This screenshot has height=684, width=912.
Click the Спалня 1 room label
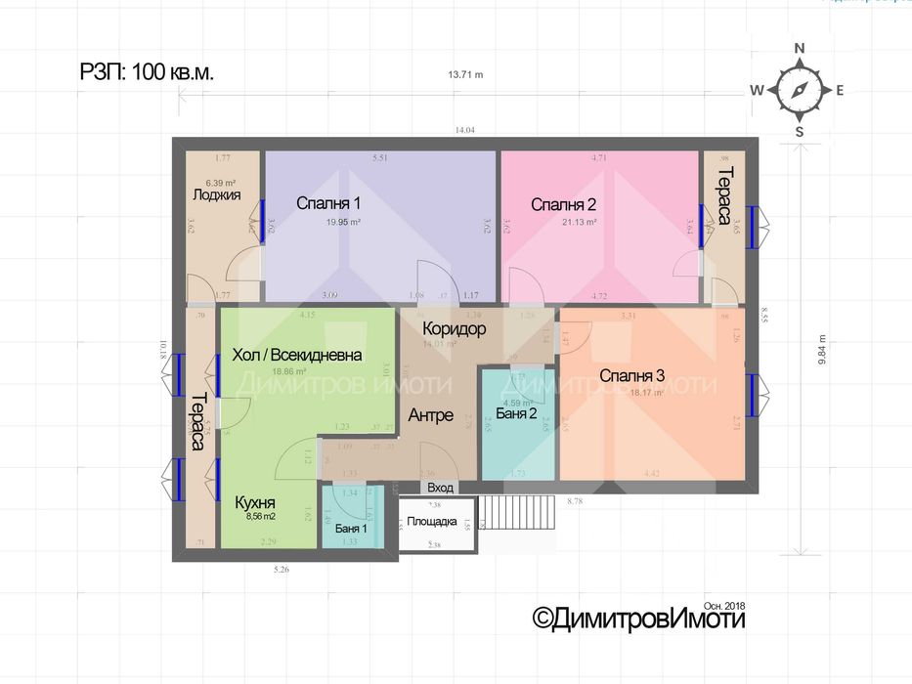[x=329, y=204]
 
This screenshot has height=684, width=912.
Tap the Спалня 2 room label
[x=564, y=204]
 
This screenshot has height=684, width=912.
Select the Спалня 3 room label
[x=632, y=375]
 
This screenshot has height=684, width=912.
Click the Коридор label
[x=454, y=329]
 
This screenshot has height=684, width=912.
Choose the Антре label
[x=430, y=415]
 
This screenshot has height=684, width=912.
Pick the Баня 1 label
[x=351, y=529]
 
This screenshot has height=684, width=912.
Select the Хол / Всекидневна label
[x=297, y=355]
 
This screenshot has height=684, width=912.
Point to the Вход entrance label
[x=441, y=487]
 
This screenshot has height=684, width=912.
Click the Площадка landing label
[x=432, y=522]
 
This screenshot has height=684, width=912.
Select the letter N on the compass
[x=799, y=48]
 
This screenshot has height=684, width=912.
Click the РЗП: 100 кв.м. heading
[x=147, y=71]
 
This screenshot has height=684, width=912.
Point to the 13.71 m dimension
[x=465, y=75]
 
